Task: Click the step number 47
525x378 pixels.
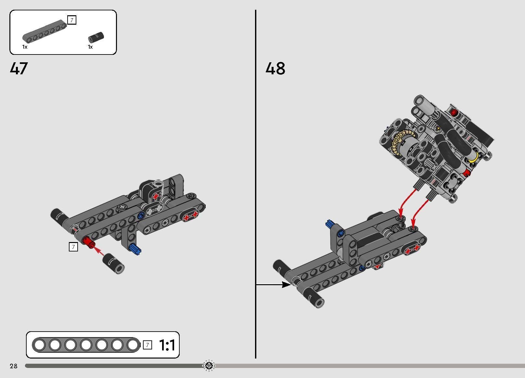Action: pos(19,68)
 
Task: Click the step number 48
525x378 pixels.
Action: pos(275,68)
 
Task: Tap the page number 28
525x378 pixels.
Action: pos(13,366)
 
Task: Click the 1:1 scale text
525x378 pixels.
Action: pos(167,345)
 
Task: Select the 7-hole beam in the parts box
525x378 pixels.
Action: pos(45,32)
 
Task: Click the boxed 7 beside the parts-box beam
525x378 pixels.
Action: pos(71,20)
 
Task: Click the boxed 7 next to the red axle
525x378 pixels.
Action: pos(73,247)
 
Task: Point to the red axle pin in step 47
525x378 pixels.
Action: pos(88,242)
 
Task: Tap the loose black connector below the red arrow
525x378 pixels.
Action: pos(114,263)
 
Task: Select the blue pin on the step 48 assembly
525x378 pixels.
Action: pos(330,224)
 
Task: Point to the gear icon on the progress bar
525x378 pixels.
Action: pos(209,366)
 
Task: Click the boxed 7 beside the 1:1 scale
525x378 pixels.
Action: pos(147,345)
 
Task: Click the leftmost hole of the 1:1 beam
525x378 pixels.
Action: pos(39,345)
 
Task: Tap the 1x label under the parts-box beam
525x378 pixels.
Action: pos(25,47)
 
